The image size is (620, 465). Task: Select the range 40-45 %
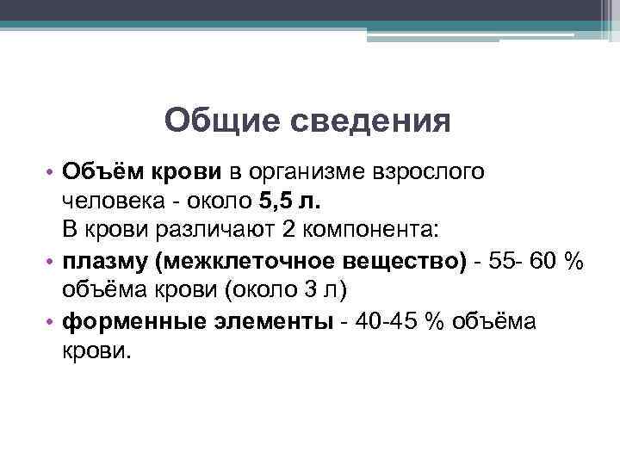coord(397,319)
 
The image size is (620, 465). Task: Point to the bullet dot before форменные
coord(52,320)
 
